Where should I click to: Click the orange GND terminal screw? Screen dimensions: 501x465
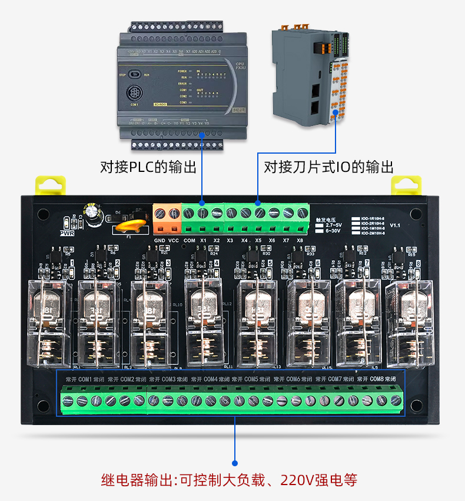[160, 212]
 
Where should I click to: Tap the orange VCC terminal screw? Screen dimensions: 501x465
[174, 212]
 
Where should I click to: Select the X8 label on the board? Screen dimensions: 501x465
[300, 240]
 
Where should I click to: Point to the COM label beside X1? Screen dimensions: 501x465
[190, 240]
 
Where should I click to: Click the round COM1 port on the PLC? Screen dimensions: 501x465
[134, 93]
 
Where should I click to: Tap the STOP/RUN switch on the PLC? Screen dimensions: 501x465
[135, 75]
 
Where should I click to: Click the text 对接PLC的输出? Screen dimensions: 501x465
[148, 167]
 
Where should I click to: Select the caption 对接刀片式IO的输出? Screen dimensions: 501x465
[328, 167]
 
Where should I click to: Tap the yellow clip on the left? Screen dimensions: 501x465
[48, 184]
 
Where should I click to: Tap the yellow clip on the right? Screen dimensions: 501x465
[407, 185]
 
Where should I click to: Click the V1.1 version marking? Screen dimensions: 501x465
[395, 225]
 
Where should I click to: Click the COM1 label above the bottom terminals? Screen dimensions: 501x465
[85, 379]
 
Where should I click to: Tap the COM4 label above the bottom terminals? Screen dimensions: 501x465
[211, 379]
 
